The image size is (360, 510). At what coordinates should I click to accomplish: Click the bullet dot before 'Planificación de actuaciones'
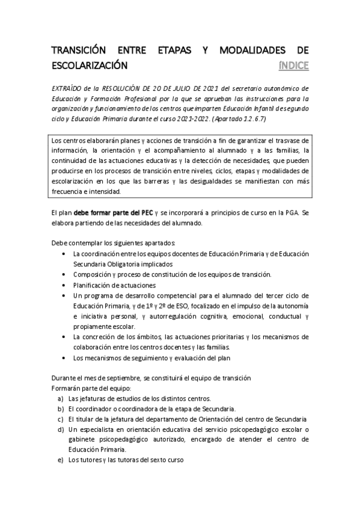click(64, 285)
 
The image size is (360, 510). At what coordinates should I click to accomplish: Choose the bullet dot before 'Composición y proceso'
click(64, 274)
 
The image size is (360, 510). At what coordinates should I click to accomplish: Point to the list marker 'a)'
click(61, 399)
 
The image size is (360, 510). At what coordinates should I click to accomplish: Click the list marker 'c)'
click(61, 419)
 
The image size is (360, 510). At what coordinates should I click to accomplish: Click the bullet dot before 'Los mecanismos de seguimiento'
click(64, 358)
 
